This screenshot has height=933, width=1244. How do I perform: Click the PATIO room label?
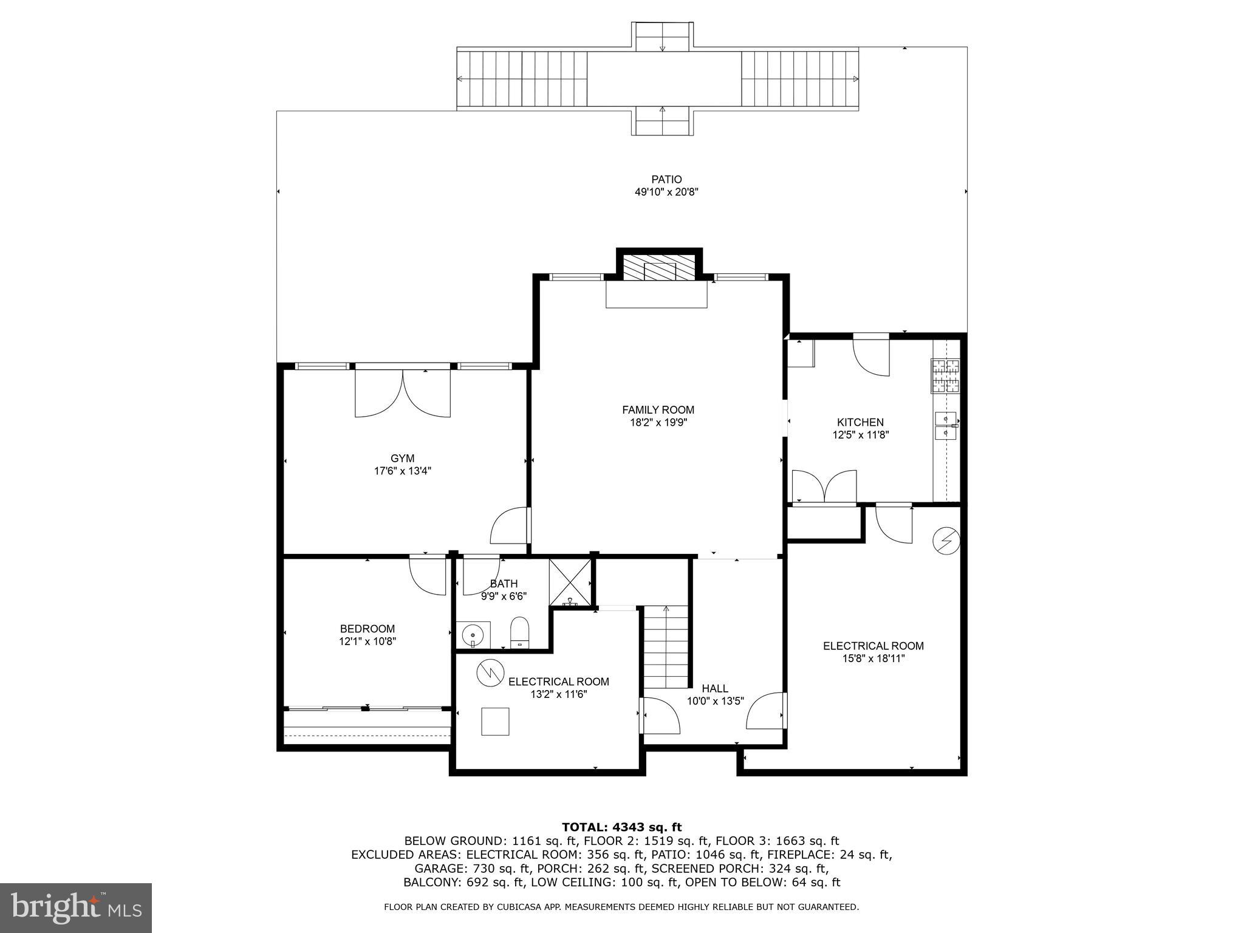[x=666, y=179]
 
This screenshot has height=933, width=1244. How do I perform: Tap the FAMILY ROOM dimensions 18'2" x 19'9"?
[x=658, y=423]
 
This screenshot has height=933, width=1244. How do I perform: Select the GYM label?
[x=402, y=459]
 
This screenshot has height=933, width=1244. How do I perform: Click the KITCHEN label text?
[x=860, y=422]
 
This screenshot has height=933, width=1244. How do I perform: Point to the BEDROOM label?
[x=367, y=629]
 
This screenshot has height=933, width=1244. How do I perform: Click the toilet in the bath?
[x=520, y=632]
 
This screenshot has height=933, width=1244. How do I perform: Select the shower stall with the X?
[x=569, y=581]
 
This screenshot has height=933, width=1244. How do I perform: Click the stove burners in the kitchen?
[x=946, y=375]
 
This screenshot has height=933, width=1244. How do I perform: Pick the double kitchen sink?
[x=946, y=425]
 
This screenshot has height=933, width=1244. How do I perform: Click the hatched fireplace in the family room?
[x=660, y=268]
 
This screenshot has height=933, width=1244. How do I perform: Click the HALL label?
[x=715, y=688]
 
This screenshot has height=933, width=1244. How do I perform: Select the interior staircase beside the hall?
[x=666, y=646]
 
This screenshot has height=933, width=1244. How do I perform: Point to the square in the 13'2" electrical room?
[x=495, y=722]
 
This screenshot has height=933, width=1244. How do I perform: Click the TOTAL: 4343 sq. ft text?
[x=621, y=827]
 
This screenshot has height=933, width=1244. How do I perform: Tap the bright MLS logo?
[x=75, y=907]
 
